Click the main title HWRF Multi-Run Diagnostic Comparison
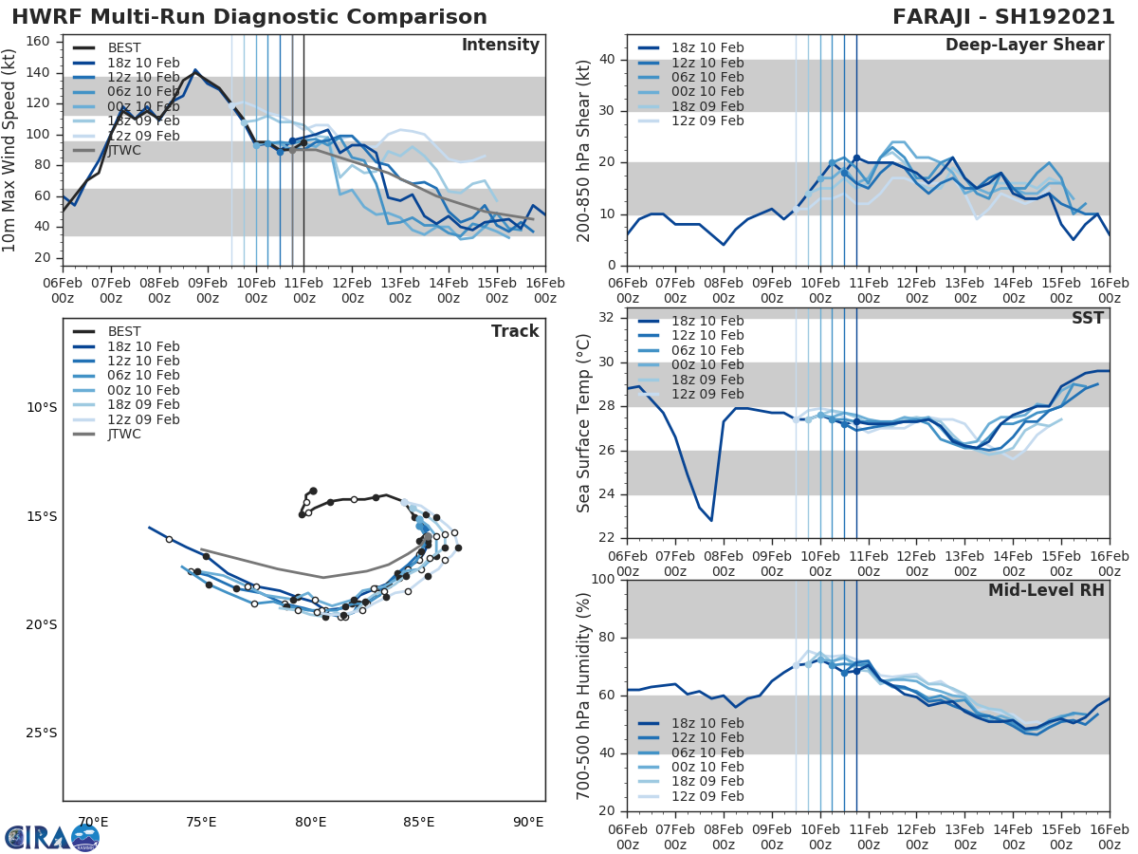tap(249, 17)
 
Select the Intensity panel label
tap(500, 46)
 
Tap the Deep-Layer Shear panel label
tap(1024, 46)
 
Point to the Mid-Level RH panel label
tap(1046, 590)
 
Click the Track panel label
tap(515, 331)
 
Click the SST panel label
tap(1088, 318)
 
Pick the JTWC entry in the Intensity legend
tap(124, 150)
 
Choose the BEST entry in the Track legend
tap(124, 331)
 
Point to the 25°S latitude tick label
tap(41, 733)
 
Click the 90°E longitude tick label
tap(528, 822)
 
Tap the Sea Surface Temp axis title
tap(584, 423)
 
